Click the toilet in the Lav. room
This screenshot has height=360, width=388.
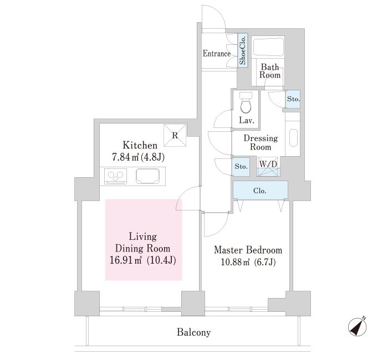pyautogui.click(x=246, y=104)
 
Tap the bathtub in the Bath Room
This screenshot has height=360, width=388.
pyautogui.click(x=268, y=48)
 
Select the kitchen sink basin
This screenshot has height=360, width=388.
pyautogui.click(x=148, y=176)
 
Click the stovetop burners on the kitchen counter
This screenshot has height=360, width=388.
pyautogui.click(x=115, y=176)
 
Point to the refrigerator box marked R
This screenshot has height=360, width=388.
pyautogui.click(x=175, y=135)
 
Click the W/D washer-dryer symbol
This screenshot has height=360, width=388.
pyautogui.click(x=268, y=167)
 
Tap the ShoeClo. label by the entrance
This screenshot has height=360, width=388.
pyautogui.click(x=243, y=50)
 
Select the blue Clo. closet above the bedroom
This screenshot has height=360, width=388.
pyautogui.click(x=261, y=190)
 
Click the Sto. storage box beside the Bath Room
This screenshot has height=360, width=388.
pyautogui.click(x=293, y=99)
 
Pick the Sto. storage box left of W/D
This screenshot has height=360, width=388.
pyautogui.click(x=241, y=166)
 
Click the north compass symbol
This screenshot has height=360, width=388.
pyautogui.click(x=357, y=326)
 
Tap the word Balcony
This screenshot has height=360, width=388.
pyautogui.click(x=194, y=332)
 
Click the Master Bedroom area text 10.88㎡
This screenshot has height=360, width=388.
pyautogui.click(x=232, y=262)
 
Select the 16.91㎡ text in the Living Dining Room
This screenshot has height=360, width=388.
pyautogui.click(x=125, y=260)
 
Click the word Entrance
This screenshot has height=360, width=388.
pyautogui.click(x=217, y=53)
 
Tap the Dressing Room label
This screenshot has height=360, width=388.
pyautogui.click(x=261, y=142)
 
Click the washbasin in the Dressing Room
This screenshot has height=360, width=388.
pyautogui.click(x=293, y=138)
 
